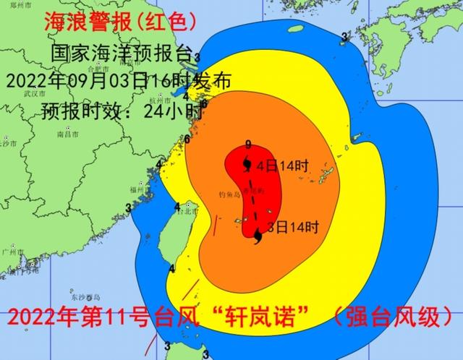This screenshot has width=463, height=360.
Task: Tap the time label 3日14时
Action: tap(293, 227)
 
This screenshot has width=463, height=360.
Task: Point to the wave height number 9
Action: tap(248, 144)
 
